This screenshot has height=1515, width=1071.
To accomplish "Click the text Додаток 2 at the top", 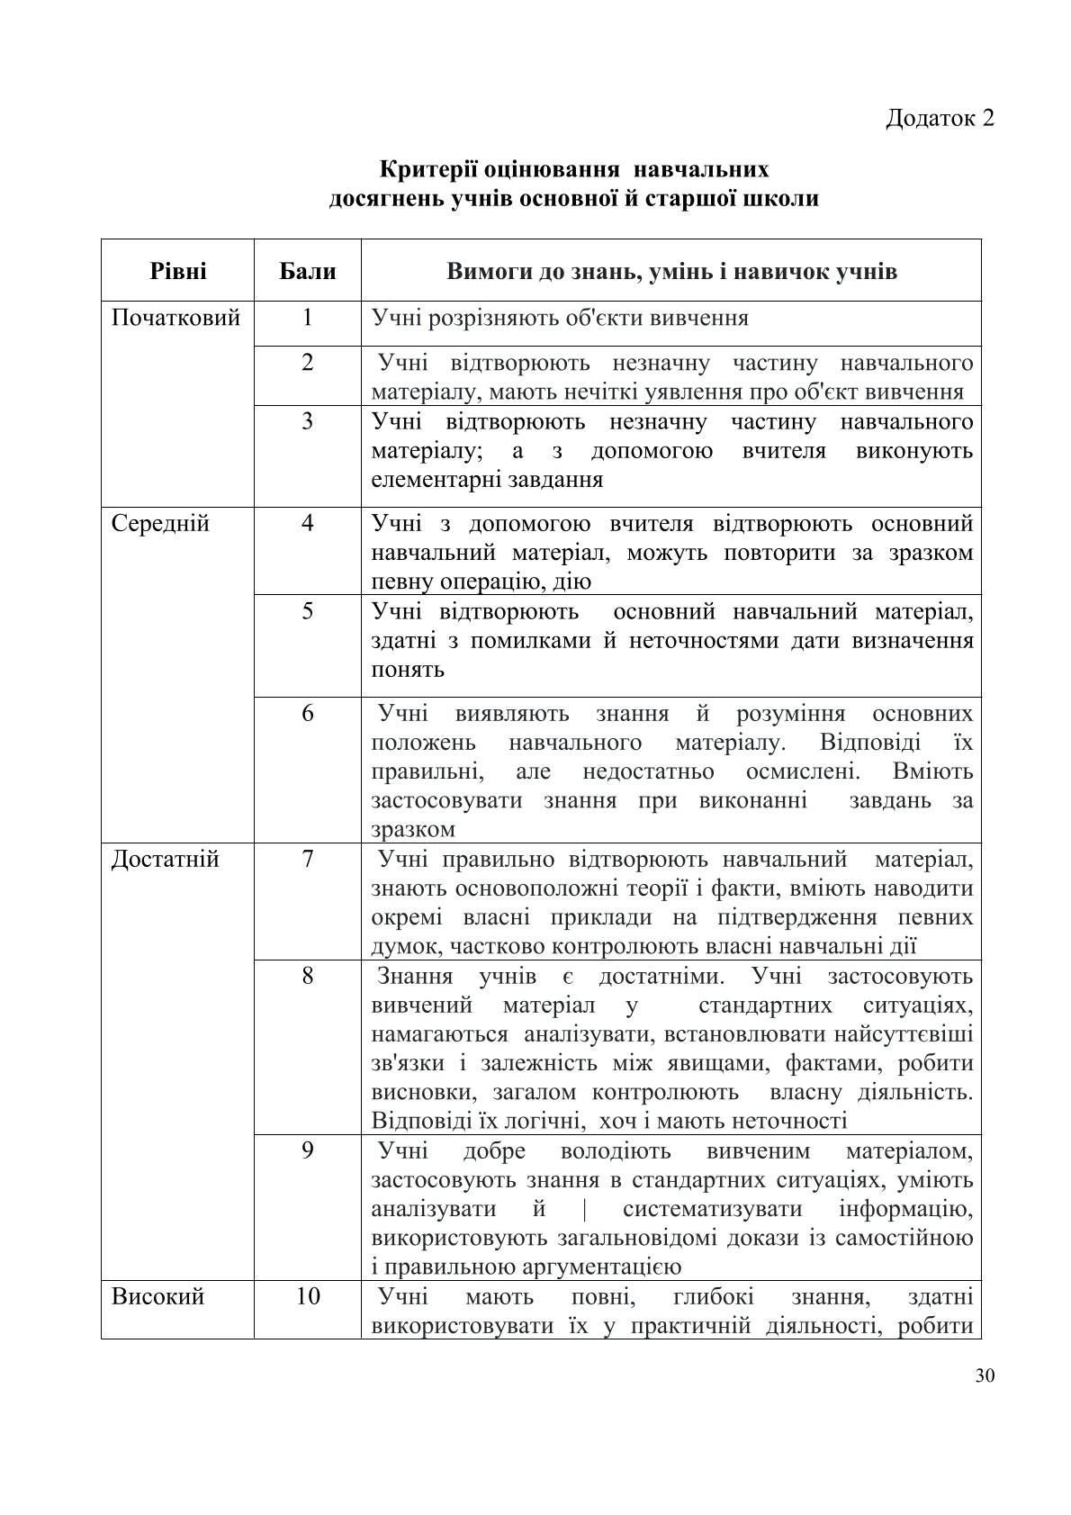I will tap(940, 118).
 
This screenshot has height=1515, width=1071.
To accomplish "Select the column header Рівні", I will tap(178, 271).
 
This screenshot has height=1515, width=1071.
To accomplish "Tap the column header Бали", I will tap(308, 271).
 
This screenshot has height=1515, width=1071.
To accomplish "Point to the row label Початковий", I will tap(175, 318).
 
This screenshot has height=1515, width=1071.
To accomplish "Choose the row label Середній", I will tap(160, 523).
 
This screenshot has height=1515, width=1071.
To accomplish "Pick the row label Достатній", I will tap(165, 859).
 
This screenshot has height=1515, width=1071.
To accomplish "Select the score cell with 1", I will tap(308, 318).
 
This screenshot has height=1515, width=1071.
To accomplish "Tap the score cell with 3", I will tap(308, 421).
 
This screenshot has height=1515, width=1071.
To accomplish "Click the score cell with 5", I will tap(308, 611).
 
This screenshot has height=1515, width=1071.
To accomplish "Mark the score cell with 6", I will tap(308, 714).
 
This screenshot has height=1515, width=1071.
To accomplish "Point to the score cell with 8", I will tap(308, 976).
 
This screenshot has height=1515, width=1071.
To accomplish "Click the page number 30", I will tap(984, 1375).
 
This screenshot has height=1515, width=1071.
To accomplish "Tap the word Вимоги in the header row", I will tap(488, 271).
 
